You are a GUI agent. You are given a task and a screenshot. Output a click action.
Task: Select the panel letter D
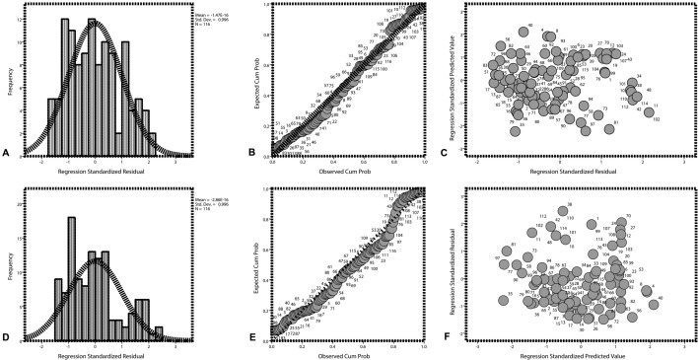[7, 337]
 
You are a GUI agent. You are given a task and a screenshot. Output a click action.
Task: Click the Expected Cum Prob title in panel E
[253, 261]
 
